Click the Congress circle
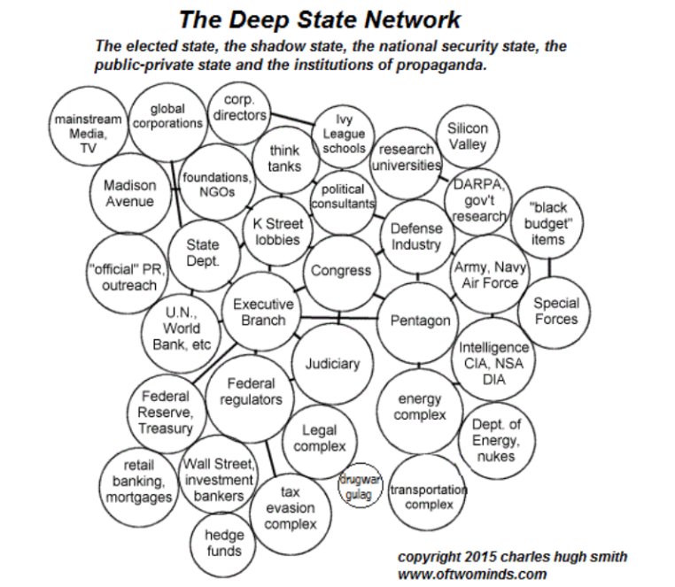(x=340, y=271)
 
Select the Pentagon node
(x=420, y=320)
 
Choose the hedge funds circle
(x=223, y=543)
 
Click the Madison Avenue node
(x=129, y=194)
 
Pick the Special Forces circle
(x=555, y=311)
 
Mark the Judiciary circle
(x=332, y=363)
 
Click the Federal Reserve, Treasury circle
(x=166, y=413)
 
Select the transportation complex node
(x=428, y=496)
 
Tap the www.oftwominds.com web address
(x=472, y=573)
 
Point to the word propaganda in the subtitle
(x=438, y=66)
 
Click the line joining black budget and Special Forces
(x=549, y=264)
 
